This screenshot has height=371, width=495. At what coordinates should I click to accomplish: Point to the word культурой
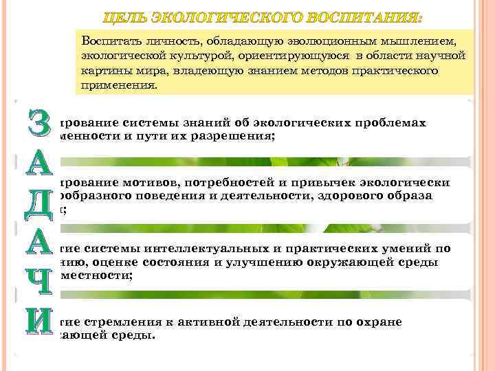tap(179, 57)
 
